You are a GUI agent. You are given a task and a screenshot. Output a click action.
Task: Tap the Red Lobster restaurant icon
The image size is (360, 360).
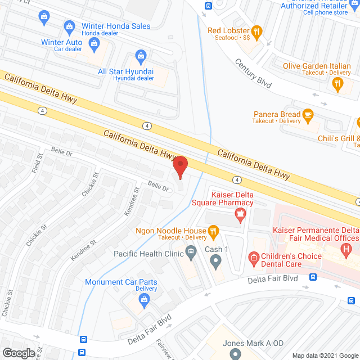[x=256, y=33]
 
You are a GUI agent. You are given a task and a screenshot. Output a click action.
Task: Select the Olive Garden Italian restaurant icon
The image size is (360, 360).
[x=337, y=84]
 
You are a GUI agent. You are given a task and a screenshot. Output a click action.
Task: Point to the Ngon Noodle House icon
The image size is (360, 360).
[x=213, y=231]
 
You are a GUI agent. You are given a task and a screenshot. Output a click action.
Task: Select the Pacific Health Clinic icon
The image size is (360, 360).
[x=191, y=254]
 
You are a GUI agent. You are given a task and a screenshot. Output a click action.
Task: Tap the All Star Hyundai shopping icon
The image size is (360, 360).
[x=141, y=56]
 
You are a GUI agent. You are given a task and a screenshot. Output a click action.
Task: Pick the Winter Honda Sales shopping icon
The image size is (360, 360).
[x=69, y=26]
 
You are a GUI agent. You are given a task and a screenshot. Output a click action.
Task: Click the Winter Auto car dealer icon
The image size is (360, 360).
[x=94, y=43]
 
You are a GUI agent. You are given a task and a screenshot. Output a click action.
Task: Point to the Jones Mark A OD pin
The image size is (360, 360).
[x=236, y=353]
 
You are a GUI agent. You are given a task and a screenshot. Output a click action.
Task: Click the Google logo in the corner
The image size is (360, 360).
[x=19, y=353]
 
